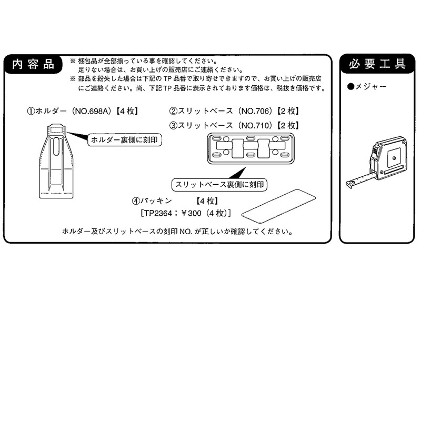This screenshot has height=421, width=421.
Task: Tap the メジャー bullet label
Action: pos(371,86)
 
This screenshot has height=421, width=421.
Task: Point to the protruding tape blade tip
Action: pos(349,184)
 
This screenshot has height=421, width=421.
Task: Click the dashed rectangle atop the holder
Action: pos(57,129)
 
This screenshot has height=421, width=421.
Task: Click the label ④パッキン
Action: pos(153,201)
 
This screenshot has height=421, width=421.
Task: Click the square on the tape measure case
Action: pos(393,156)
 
